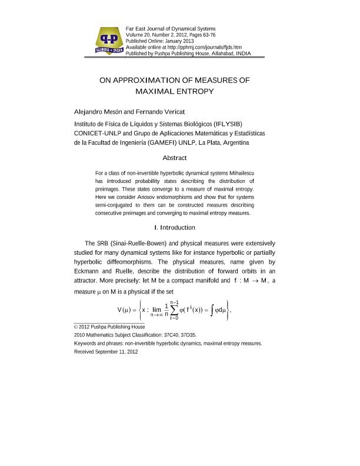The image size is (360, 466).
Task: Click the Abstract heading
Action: click(x=174, y=158)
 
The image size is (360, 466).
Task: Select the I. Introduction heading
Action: click(x=174, y=228)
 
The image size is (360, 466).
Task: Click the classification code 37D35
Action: click(x=186, y=334)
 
